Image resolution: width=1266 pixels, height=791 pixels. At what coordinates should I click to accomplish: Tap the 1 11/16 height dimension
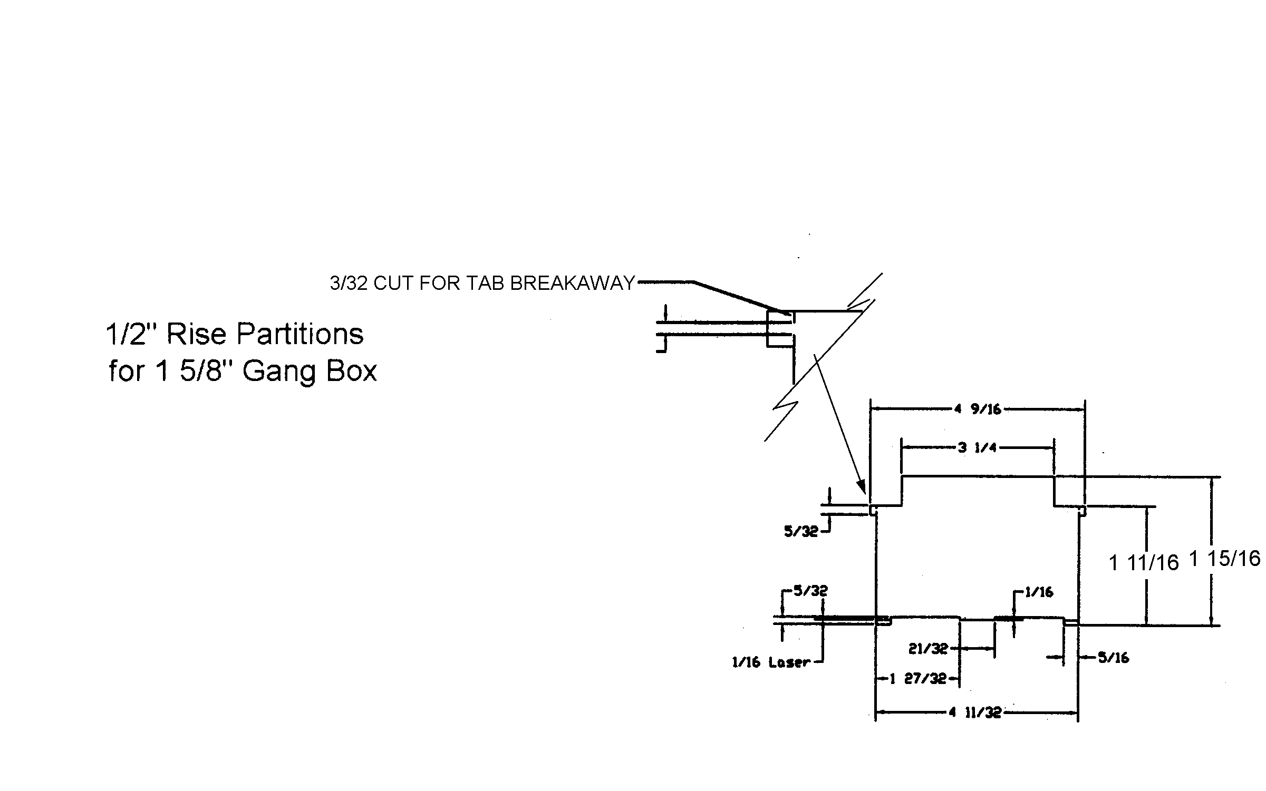[1144, 563]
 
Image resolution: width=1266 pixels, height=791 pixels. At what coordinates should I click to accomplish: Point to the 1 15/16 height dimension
[1224, 559]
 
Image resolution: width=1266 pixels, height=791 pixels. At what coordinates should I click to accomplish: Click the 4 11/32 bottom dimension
[975, 713]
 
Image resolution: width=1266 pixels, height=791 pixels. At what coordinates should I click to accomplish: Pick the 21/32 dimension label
[928, 649]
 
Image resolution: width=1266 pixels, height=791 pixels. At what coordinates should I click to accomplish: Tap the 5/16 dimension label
[1113, 658]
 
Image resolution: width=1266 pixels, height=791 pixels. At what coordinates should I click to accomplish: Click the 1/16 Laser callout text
[770, 662]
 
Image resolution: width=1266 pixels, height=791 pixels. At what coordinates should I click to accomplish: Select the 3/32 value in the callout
[349, 284]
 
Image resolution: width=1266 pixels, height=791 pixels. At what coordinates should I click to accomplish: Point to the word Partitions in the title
[299, 334]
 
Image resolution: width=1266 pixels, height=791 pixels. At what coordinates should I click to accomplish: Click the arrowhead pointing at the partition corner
[862, 486]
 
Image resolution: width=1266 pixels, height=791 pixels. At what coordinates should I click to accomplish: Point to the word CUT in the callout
[392, 284]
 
